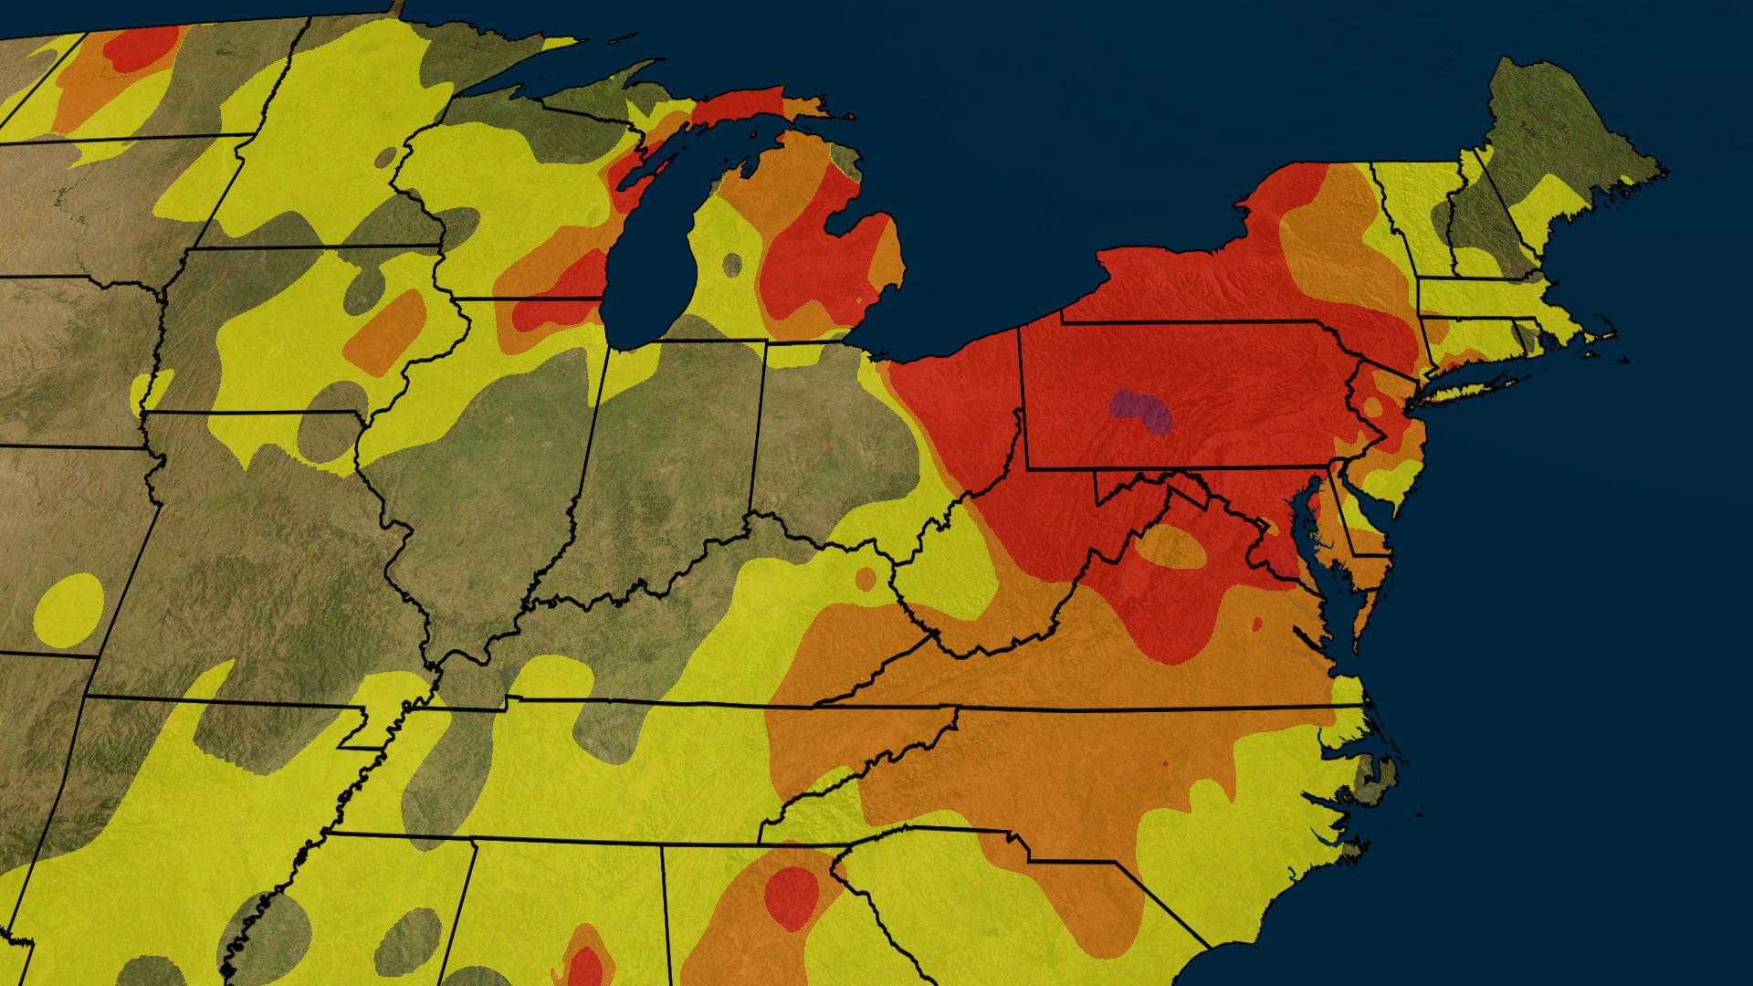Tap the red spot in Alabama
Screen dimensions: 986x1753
tap(584, 966)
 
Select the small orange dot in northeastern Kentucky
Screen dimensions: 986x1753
tap(865, 578)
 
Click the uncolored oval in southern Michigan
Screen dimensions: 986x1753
tap(732, 265)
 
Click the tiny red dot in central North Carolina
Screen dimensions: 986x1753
tap(1165, 762)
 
